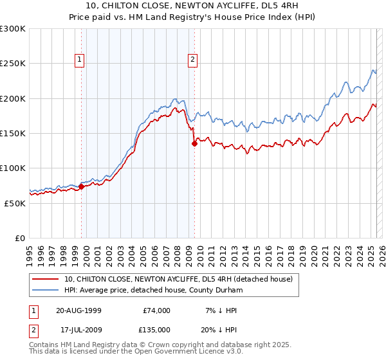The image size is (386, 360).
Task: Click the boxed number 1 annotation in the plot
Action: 79,60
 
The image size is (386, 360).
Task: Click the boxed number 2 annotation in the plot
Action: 192,60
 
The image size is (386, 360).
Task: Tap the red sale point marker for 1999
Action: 82,186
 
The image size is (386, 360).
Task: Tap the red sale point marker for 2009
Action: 194,144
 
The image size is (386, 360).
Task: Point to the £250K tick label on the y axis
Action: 13,64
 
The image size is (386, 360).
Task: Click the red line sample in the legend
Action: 45,279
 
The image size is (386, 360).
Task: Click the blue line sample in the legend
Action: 45,290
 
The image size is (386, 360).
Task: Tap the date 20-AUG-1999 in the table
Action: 78,310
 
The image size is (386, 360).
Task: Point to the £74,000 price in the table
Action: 156,310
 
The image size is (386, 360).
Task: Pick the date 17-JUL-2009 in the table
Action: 78,328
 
